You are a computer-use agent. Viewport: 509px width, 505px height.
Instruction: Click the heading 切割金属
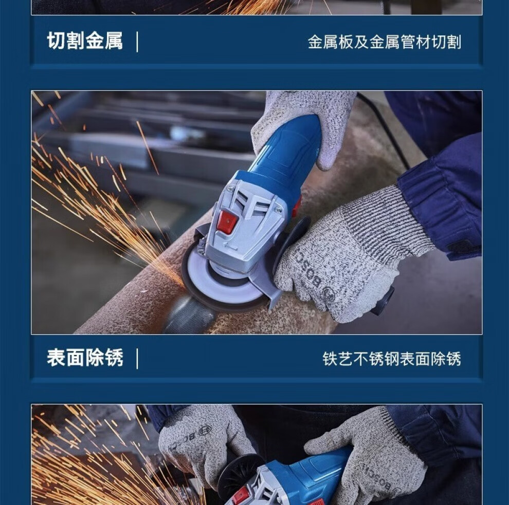click(x=85, y=41)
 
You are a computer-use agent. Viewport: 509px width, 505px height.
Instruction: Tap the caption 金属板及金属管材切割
click(x=385, y=42)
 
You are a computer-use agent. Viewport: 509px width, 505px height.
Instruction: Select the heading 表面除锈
click(x=85, y=358)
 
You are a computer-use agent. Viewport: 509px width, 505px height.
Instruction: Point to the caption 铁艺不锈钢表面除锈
click(x=392, y=359)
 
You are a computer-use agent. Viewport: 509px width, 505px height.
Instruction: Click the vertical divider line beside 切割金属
click(x=137, y=42)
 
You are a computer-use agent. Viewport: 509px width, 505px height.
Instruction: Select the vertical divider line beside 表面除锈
click(x=137, y=359)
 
